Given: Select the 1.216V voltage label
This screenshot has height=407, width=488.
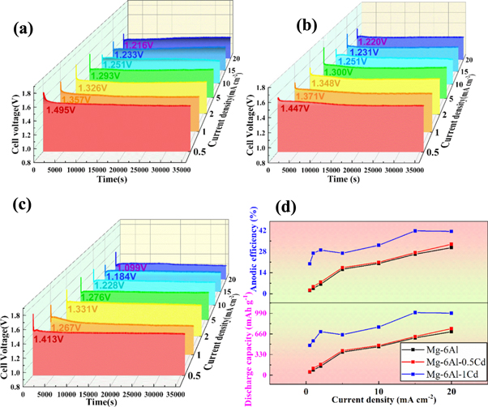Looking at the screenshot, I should (x=135, y=45).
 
